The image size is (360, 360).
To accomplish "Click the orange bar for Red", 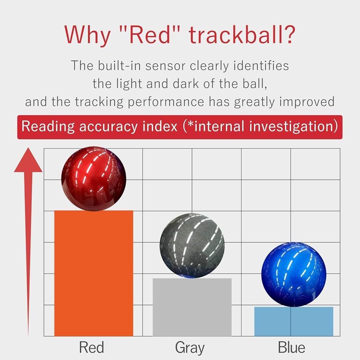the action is tap(94, 273).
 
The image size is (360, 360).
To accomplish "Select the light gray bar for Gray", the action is tap(192, 307).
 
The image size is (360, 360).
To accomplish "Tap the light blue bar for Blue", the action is tap(294, 321).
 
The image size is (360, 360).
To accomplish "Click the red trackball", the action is tap(94, 179).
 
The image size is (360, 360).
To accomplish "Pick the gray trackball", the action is tap(192, 246).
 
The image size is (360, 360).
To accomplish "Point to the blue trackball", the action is tap(294, 275).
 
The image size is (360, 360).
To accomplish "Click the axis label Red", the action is tap(91, 347).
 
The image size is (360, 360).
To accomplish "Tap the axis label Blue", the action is tap(292, 347).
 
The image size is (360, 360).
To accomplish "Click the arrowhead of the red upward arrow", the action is tap(28, 161).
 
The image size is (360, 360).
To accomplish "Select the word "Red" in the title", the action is tap(150, 35).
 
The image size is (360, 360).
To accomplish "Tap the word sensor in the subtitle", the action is tap(165, 66).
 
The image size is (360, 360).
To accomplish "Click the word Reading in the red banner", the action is tap(48, 127).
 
